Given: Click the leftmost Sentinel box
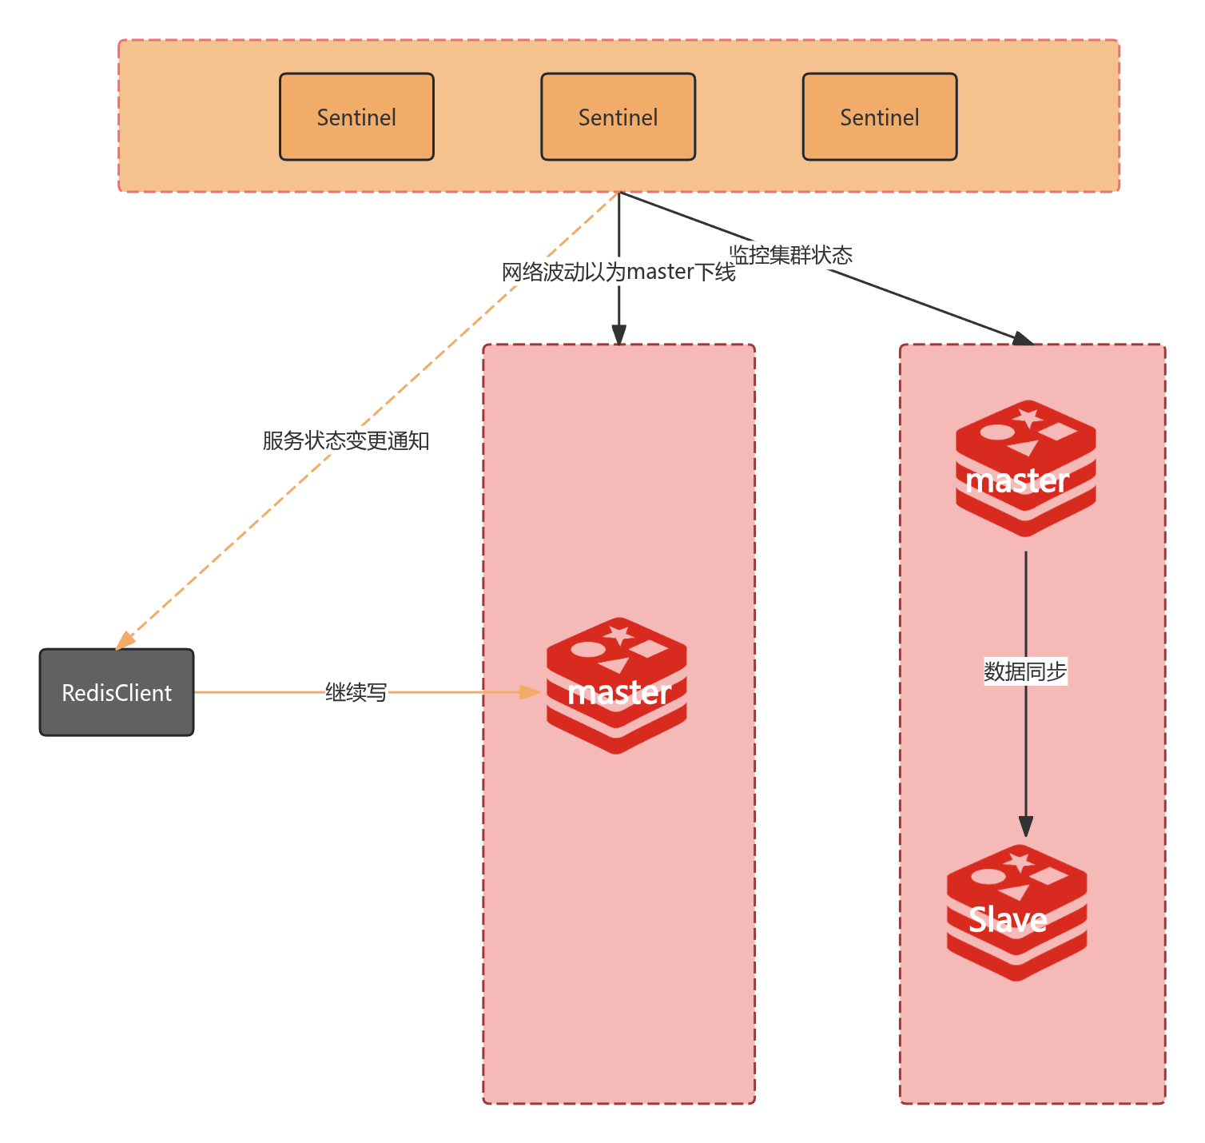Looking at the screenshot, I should point(356,117).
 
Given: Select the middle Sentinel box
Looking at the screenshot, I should point(618,117).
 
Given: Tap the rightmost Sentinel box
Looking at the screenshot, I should point(879,117).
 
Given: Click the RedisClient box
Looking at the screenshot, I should point(117,692).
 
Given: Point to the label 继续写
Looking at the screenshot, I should point(356,692).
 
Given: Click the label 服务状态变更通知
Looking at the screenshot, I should point(346,440).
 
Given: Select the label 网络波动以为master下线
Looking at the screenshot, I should point(618,272).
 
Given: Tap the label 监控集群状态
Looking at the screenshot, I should point(790,255).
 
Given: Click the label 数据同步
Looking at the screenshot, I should point(1025,671).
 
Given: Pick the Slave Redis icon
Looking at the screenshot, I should point(1016,912).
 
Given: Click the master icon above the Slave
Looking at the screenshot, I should point(1025,468).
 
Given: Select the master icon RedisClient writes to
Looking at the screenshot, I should point(616,685).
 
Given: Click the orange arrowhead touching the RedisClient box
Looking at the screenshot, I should point(125,641).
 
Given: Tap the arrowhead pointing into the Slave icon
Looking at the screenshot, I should point(1026,826).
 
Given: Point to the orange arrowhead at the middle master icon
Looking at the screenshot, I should point(531,692).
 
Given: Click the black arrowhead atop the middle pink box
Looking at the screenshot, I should point(618,334).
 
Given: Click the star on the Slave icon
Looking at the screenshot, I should point(1019,862).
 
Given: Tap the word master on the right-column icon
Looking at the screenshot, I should point(1016,481).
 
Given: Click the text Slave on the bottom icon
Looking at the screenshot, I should point(1008,920).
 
